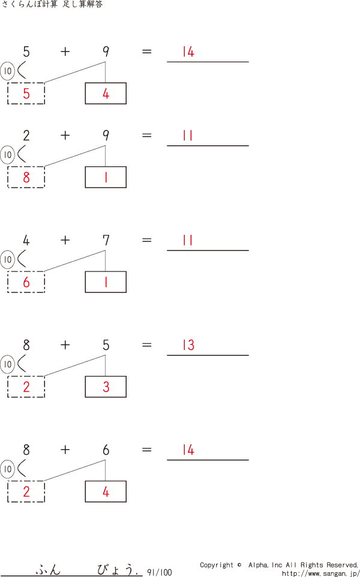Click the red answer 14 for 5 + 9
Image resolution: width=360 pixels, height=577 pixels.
(188, 52)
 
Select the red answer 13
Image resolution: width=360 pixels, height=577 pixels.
(188, 346)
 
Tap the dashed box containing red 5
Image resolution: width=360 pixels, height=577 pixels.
(26, 93)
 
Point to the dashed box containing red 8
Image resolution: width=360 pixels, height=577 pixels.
(26, 177)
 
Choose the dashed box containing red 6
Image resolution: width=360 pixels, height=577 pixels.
(26, 282)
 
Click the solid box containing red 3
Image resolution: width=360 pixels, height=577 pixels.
(106, 387)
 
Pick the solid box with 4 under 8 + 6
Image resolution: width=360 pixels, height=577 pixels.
(106, 491)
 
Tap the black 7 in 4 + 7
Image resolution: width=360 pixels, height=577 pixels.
(106, 241)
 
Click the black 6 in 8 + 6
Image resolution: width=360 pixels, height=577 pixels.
(106, 450)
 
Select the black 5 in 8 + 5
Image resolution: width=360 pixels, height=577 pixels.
(106, 345)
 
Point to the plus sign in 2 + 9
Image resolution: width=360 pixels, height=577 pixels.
(65, 136)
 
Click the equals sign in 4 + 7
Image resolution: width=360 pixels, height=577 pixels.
(147, 241)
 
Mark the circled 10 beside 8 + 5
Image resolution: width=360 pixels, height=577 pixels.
(7, 364)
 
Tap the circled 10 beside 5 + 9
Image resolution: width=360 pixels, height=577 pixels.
(7, 71)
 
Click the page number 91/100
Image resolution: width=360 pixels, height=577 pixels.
(159, 572)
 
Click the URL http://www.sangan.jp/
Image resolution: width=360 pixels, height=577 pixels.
(320, 573)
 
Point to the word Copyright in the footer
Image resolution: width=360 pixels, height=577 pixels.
(217, 565)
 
